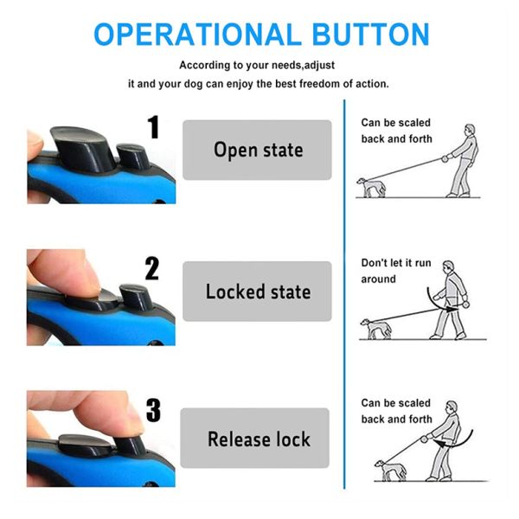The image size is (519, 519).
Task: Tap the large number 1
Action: tap(154, 128)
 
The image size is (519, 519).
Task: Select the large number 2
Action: tap(152, 269)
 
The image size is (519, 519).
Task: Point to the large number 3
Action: tap(152, 410)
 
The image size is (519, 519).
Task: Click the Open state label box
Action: tap(257, 150)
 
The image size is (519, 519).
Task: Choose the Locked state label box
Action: tap(257, 292)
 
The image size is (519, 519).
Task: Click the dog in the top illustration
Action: tap(373, 186)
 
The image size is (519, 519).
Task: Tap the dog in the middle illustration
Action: tap(375, 328)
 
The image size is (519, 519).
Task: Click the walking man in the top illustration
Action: tap(462, 160)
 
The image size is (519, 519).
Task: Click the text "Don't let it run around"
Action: tap(395, 272)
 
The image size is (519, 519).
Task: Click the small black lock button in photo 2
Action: tap(136, 296)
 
